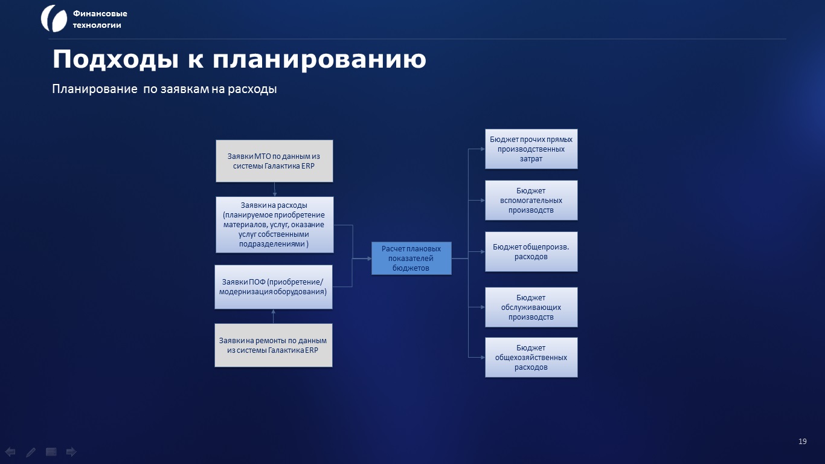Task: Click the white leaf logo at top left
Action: click(x=54, y=19)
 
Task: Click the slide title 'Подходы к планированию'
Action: click(x=239, y=59)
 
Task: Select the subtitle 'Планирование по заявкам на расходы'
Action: click(x=164, y=89)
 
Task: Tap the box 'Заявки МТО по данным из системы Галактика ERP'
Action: click(x=274, y=161)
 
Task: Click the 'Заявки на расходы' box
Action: click(x=275, y=225)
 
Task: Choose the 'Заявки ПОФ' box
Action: click(x=273, y=287)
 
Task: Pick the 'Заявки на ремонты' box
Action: click(x=273, y=346)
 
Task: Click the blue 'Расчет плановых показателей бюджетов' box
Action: click(x=411, y=259)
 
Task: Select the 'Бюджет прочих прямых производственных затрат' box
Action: click(x=531, y=149)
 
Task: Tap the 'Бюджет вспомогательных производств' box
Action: click(x=531, y=201)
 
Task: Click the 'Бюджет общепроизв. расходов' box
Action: click(x=531, y=252)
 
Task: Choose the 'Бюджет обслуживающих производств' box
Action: click(x=531, y=308)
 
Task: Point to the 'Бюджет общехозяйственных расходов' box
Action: click(x=531, y=358)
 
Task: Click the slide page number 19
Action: click(x=803, y=442)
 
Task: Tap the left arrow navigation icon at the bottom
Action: click(x=10, y=452)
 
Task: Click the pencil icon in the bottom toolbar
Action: click(x=31, y=452)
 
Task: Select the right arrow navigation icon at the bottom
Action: click(x=71, y=452)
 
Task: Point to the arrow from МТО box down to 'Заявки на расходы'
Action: click(x=275, y=190)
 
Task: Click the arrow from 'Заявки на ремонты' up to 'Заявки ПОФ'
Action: click(x=273, y=317)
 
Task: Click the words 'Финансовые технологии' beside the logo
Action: click(x=100, y=19)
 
